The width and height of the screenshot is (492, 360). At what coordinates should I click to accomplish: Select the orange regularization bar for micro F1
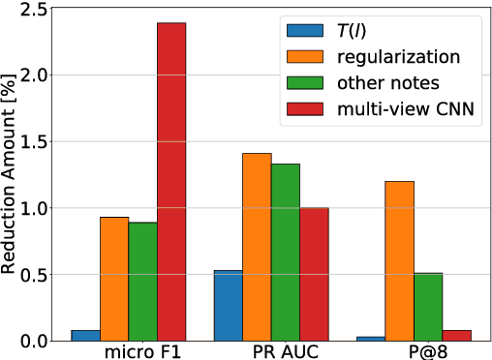[x=114, y=279]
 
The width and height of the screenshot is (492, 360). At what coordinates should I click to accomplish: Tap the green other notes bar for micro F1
[x=143, y=282]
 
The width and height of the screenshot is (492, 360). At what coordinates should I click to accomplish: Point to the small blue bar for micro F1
[x=85, y=335]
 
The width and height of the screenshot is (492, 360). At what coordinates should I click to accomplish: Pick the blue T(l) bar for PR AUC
[x=228, y=305]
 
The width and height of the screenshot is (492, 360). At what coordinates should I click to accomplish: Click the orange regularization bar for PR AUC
[x=257, y=247]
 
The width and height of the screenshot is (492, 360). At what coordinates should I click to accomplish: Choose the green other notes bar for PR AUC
[x=286, y=252]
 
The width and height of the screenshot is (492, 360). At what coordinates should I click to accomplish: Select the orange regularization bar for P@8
[x=399, y=260]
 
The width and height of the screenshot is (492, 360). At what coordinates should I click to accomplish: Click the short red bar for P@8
[x=456, y=335]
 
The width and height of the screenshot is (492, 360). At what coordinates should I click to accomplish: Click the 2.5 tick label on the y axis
[x=29, y=10]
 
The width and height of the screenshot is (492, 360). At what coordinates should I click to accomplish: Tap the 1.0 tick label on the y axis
[x=29, y=208]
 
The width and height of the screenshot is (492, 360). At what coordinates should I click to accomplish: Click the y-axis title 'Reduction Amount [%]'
[x=10, y=174]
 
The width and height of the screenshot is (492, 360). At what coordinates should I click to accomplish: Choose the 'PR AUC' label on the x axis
[x=271, y=349]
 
